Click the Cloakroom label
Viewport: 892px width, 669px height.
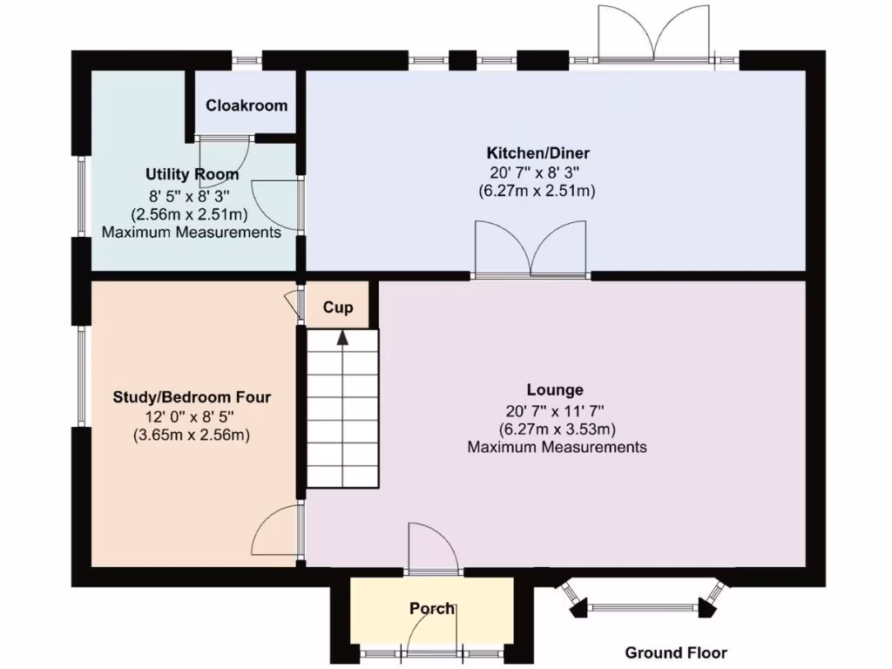pos(247,105)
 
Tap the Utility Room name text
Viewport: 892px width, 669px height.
pos(193,174)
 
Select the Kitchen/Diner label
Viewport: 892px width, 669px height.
pos(537,153)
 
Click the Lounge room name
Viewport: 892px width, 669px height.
pos(555,389)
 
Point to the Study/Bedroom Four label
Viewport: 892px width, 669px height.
pos(192,397)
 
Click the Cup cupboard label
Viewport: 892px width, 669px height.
pos(338,307)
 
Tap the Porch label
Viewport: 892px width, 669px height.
pos(432,608)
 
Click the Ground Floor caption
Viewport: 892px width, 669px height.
pos(676,652)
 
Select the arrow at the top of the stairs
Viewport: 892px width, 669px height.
pos(342,338)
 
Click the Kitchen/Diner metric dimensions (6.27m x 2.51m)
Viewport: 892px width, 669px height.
pos(537,191)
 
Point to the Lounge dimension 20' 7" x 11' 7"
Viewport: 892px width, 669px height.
pos(555,409)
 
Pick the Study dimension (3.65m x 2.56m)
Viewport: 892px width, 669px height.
pos(192,435)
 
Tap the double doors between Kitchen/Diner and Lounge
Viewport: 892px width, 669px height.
pos(530,251)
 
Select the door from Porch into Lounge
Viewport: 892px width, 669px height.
pos(432,549)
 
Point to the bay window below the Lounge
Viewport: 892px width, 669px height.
pos(644,605)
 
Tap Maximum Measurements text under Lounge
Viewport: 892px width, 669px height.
pos(557,447)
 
